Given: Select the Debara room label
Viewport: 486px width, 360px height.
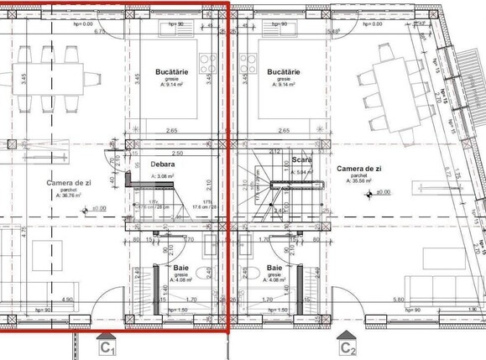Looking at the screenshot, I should point(162,165).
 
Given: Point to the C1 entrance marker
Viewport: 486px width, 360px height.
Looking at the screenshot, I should point(107,347).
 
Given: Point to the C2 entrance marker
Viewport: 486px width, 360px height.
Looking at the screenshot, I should point(348,347).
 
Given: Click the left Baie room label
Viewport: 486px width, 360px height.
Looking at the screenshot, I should point(170,269).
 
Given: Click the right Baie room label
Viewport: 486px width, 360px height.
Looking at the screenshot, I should point(274,269).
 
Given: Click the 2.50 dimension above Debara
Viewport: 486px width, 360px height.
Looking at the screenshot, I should point(175,154).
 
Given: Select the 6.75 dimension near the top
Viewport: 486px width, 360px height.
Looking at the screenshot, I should point(99,32).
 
